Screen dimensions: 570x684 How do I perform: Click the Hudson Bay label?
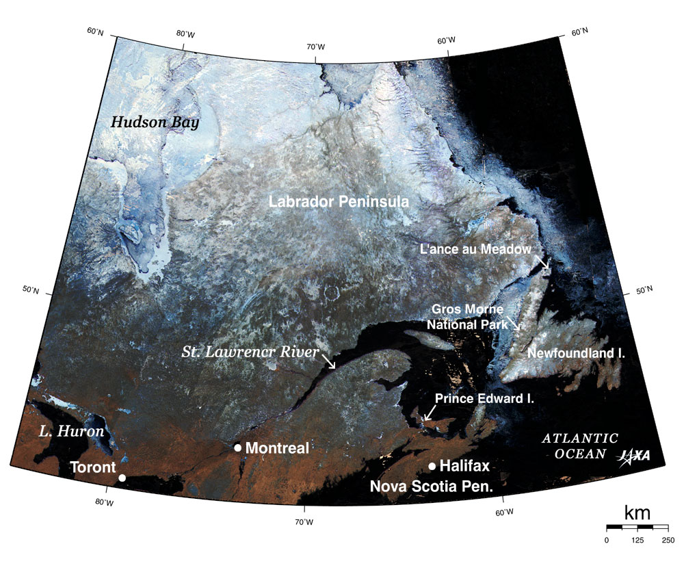coord(155,122)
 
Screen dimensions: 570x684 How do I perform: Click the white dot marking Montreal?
coord(237,448)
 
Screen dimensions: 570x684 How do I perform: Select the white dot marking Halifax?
coord(432,467)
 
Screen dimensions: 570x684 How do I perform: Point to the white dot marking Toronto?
coord(122,478)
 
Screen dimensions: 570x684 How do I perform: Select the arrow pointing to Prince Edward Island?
coord(429,413)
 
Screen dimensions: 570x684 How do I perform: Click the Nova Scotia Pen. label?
coord(432,487)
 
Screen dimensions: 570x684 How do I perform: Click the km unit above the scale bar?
coord(637,513)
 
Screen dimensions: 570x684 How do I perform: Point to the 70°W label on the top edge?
coord(315,47)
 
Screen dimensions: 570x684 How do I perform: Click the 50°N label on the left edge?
coord(31,290)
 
